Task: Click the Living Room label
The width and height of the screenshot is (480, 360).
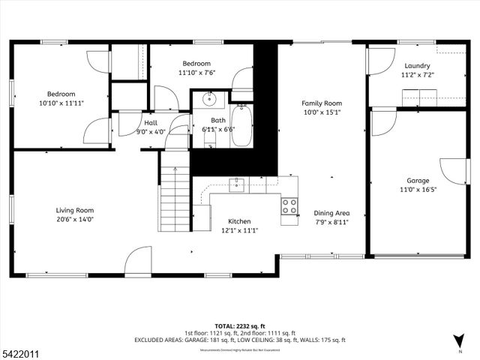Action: coord(74,210)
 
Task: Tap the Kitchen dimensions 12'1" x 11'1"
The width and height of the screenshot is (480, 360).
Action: coord(239,231)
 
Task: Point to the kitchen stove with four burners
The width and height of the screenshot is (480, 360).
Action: coord(289,205)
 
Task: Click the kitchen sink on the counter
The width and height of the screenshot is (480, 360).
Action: coord(237,184)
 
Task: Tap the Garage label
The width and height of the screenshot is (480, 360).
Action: coord(418,181)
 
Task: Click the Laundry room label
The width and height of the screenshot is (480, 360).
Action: coord(417,66)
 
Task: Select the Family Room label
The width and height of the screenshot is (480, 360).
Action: coord(322,103)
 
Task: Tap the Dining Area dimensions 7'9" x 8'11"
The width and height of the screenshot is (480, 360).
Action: coord(331,222)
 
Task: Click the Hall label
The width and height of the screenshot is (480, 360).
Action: coord(151,121)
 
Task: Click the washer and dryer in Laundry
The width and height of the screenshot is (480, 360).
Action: coord(420,98)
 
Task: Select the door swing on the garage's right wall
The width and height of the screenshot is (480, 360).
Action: coord(454,171)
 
